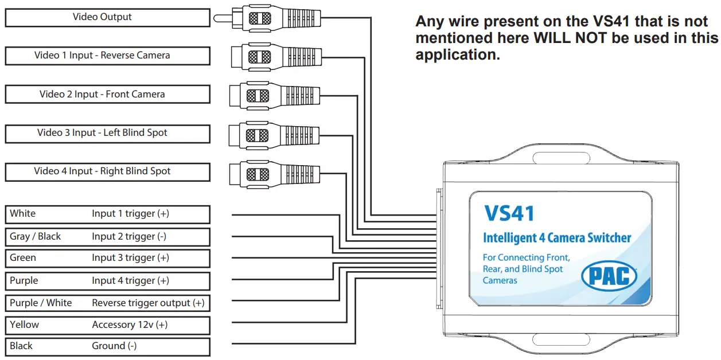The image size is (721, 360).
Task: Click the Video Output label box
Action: click(x=107, y=17)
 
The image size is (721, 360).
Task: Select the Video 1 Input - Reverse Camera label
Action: click(x=107, y=56)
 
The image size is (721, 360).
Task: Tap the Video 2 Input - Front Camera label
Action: click(x=107, y=94)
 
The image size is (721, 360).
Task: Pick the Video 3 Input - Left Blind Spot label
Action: click(x=107, y=132)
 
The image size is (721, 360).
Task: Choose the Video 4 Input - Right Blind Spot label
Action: click(x=107, y=171)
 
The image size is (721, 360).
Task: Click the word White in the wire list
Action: click(x=23, y=213)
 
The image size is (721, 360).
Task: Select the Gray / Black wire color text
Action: click(x=35, y=236)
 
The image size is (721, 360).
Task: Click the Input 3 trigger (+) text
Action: click(x=130, y=258)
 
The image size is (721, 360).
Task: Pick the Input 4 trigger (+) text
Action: click(x=130, y=280)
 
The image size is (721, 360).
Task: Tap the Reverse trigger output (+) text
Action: click(x=148, y=303)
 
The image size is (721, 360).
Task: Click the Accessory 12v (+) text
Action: click(x=130, y=324)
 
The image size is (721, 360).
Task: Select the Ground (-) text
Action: click(x=114, y=346)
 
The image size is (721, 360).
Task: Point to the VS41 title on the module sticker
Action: click(x=509, y=213)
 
